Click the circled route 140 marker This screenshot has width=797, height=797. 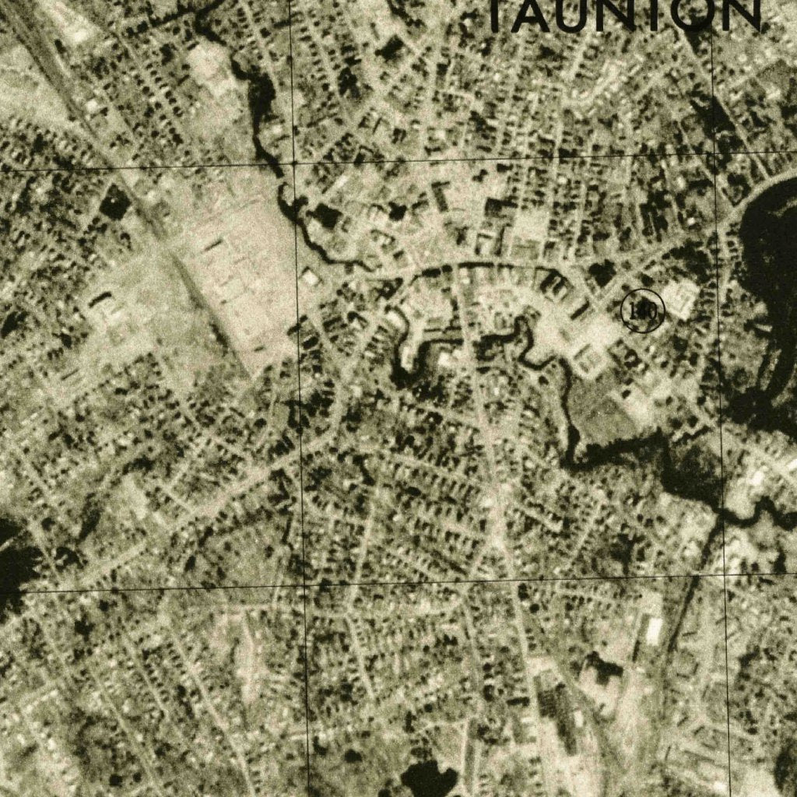[642, 311]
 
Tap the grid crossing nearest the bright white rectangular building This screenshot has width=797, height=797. [723, 575]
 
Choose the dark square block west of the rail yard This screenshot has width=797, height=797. [114, 204]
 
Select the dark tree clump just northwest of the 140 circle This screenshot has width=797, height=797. [601, 272]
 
